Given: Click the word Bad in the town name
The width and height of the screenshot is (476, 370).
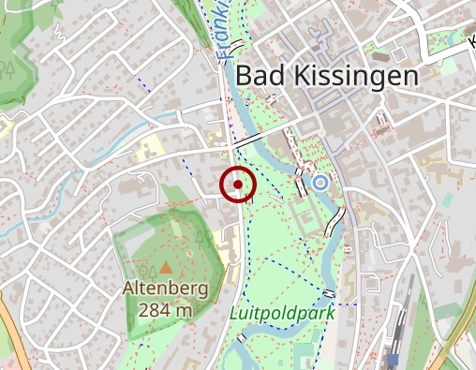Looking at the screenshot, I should click(259, 77).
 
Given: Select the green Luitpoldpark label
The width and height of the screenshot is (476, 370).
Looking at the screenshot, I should click(282, 313).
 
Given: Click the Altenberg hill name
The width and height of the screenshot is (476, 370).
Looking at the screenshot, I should click(165, 290).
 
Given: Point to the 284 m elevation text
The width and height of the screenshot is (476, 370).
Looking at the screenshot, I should click(165, 309).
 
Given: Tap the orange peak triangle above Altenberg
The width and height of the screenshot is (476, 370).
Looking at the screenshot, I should click(166, 269).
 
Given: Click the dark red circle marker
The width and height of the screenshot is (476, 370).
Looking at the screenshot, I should click(239, 185).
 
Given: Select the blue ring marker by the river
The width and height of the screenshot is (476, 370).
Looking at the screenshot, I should click(320, 182).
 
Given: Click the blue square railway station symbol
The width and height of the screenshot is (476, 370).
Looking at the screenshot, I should click(393, 359).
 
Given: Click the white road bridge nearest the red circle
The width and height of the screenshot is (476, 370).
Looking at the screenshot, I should click(249, 139).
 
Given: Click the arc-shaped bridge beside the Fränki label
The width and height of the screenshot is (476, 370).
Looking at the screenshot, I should click(241, 46).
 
